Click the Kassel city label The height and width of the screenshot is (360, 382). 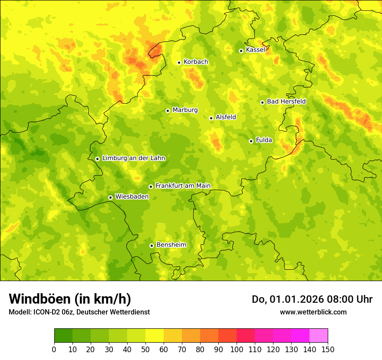(x=255, y=50)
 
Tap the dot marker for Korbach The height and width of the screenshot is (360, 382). (x=179, y=62)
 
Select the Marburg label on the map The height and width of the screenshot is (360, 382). (x=185, y=110)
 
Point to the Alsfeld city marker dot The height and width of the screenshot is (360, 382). (x=211, y=118)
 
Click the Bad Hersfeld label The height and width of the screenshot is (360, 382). (x=286, y=101)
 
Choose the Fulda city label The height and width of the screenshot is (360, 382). (x=264, y=140)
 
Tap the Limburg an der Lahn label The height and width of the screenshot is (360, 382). (x=134, y=158)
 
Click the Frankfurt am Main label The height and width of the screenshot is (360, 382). (x=183, y=186)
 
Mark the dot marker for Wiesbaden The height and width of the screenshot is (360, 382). (x=110, y=197)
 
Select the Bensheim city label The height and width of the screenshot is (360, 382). (x=171, y=245)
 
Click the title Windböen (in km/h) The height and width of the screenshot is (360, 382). (x=70, y=299)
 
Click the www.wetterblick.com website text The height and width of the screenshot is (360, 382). (x=313, y=312)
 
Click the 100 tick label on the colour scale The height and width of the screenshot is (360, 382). (x=236, y=350)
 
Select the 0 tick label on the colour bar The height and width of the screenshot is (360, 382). (x=54, y=350)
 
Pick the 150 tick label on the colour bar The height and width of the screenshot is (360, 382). (x=328, y=350)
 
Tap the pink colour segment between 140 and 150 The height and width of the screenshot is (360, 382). (x=319, y=336)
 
